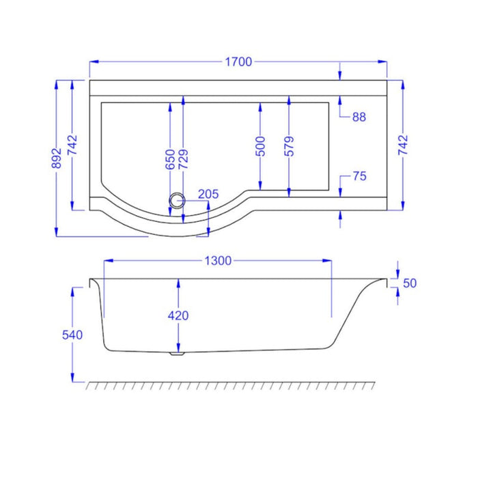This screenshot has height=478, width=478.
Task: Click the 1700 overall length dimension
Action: coord(238,61)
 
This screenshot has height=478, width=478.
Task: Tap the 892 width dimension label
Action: coord(58,158)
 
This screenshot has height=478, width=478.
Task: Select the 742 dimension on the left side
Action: coord(74,145)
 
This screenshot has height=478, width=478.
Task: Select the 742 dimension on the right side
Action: coord(402,145)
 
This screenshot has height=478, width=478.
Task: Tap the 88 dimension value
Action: coord(359,117)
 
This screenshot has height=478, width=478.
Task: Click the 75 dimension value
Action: coord(360,176)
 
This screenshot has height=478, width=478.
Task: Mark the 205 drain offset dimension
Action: coord(208,195)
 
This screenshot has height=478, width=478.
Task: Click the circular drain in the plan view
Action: coord(178,200)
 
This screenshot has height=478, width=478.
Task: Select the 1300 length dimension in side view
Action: coord(218,260)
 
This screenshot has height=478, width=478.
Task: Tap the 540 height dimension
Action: coord(72,335)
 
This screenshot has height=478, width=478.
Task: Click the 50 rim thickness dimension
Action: coord(410,283)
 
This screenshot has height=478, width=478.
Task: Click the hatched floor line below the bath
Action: coord(232,386)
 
